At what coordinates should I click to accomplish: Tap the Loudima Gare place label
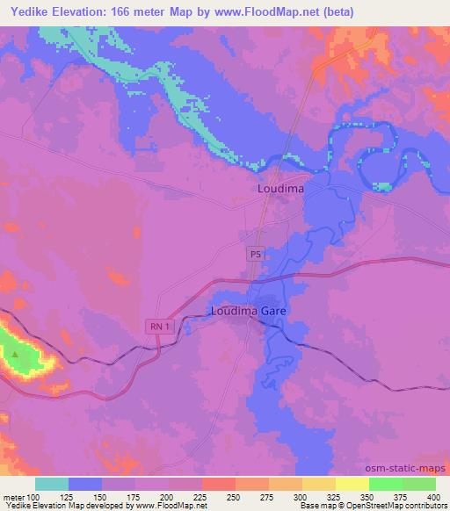249,311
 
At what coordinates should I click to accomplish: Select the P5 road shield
254,254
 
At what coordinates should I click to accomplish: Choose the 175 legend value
135,497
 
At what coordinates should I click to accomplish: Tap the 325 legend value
335,497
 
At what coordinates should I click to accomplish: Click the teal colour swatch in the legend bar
52,484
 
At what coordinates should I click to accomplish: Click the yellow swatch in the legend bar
352,484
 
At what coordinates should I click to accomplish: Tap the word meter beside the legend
13,497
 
